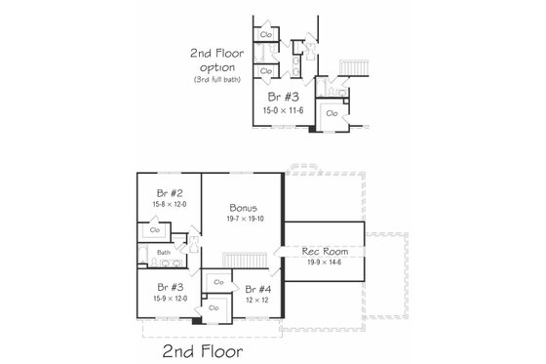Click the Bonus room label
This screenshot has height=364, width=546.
click(243, 208)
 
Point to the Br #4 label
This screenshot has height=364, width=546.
click(258, 289)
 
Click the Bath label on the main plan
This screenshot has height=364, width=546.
click(164, 253)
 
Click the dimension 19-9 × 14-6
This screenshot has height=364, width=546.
click(323, 262)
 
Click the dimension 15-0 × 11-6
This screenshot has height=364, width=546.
click(285, 110)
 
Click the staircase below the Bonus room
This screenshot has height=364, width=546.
click(245, 258)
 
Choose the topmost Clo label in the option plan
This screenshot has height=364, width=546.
click(266, 35)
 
